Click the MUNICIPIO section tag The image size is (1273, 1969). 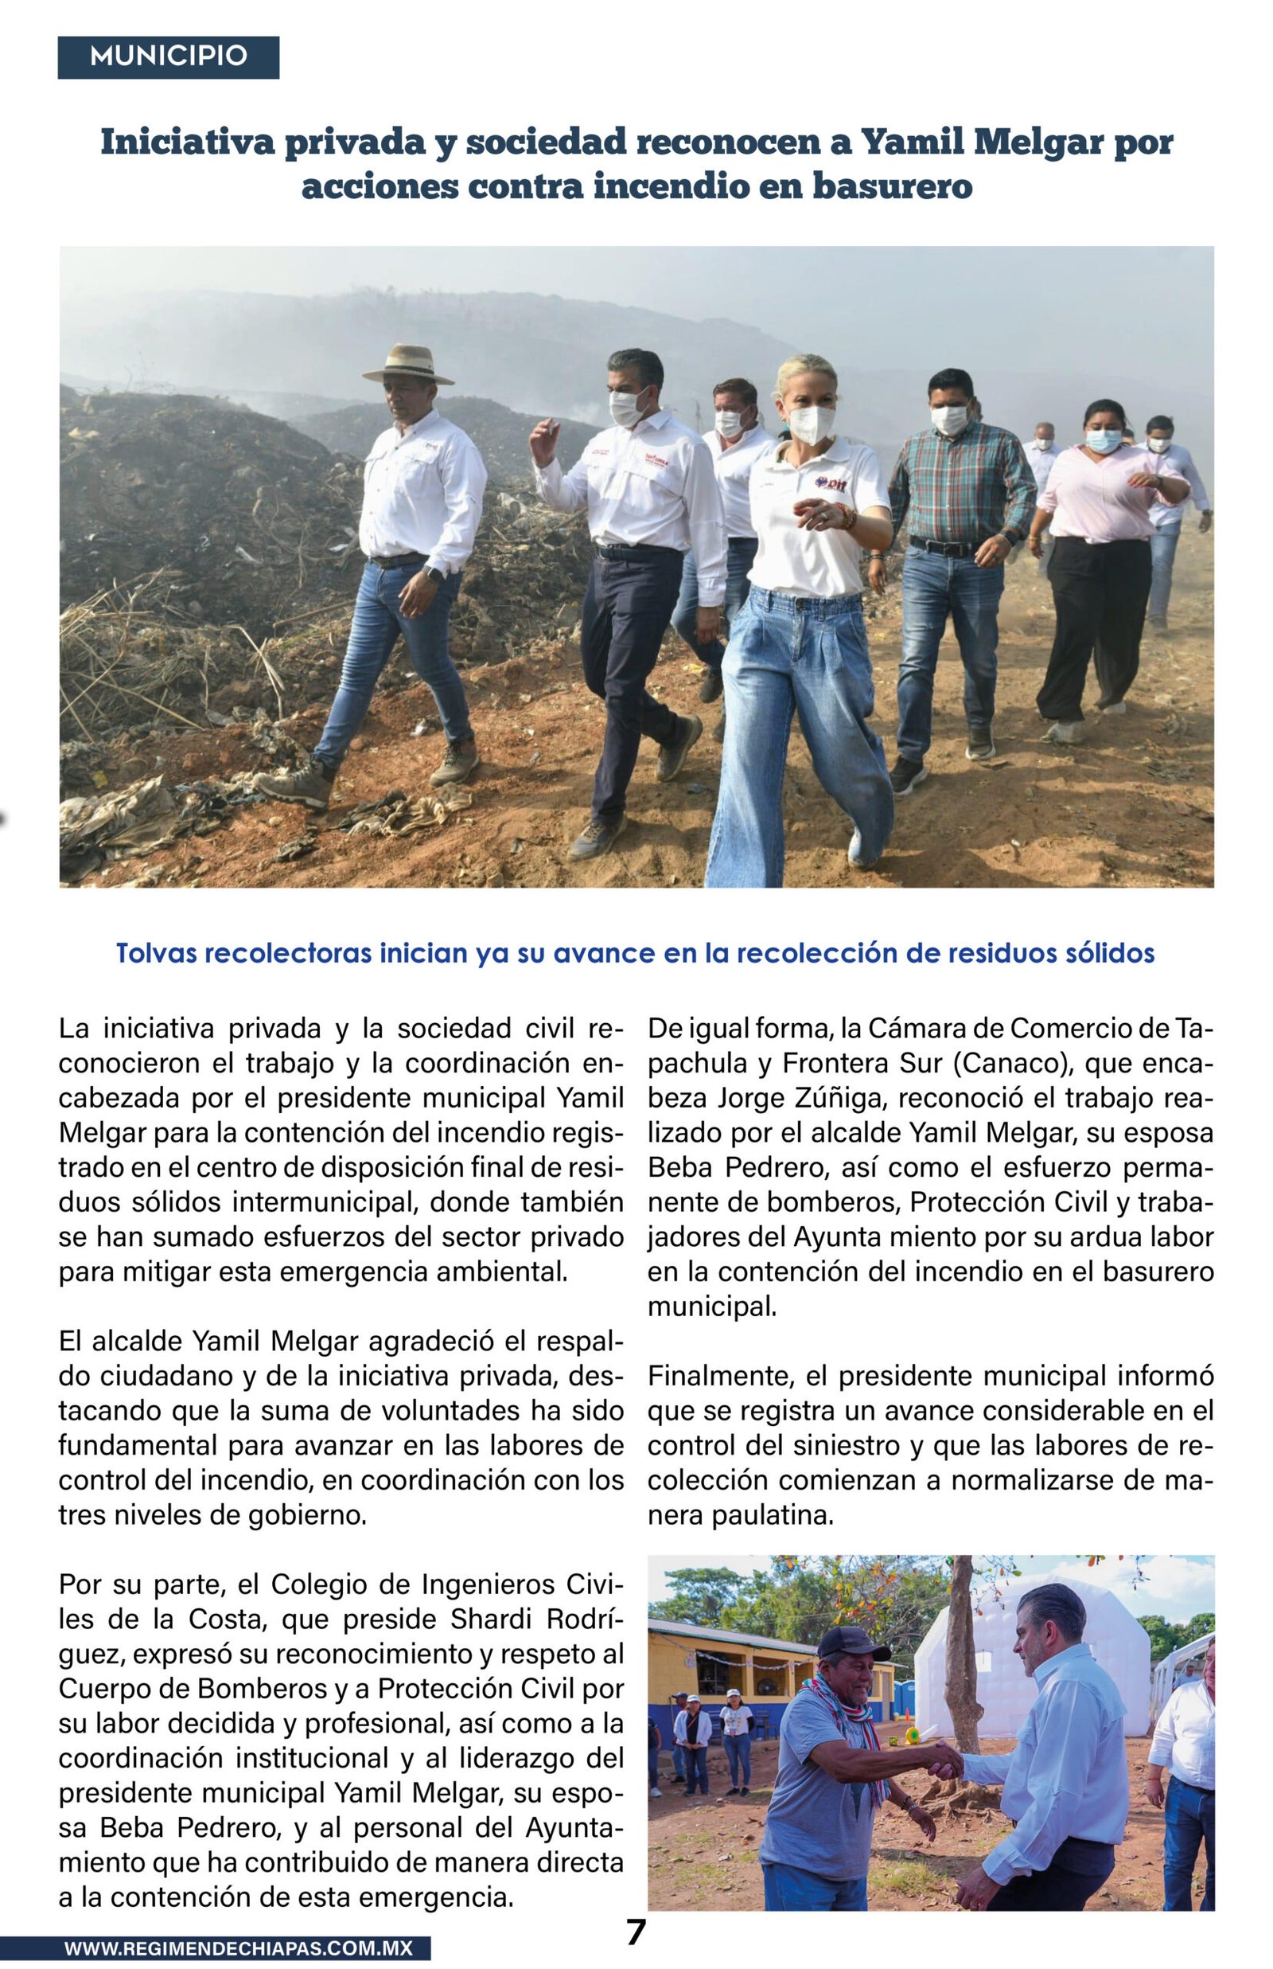point(168,57)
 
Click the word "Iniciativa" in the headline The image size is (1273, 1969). point(187,143)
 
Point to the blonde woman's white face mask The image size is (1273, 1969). point(812,424)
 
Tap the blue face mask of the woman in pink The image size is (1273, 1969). point(1104,440)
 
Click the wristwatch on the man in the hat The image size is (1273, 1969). point(431,572)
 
